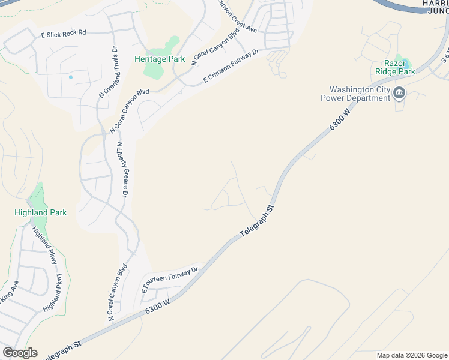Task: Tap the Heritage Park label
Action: click(160, 59)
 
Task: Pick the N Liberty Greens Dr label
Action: click(122, 170)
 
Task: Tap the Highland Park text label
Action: click(41, 212)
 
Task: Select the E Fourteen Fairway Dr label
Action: click(170, 280)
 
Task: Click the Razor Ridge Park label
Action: click(395, 67)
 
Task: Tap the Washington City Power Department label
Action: click(355, 94)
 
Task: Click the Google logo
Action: click(20, 353)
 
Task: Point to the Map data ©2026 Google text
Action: click(412, 355)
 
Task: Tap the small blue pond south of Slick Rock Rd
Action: click(71, 77)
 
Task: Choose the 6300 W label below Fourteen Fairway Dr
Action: click(158, 307)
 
